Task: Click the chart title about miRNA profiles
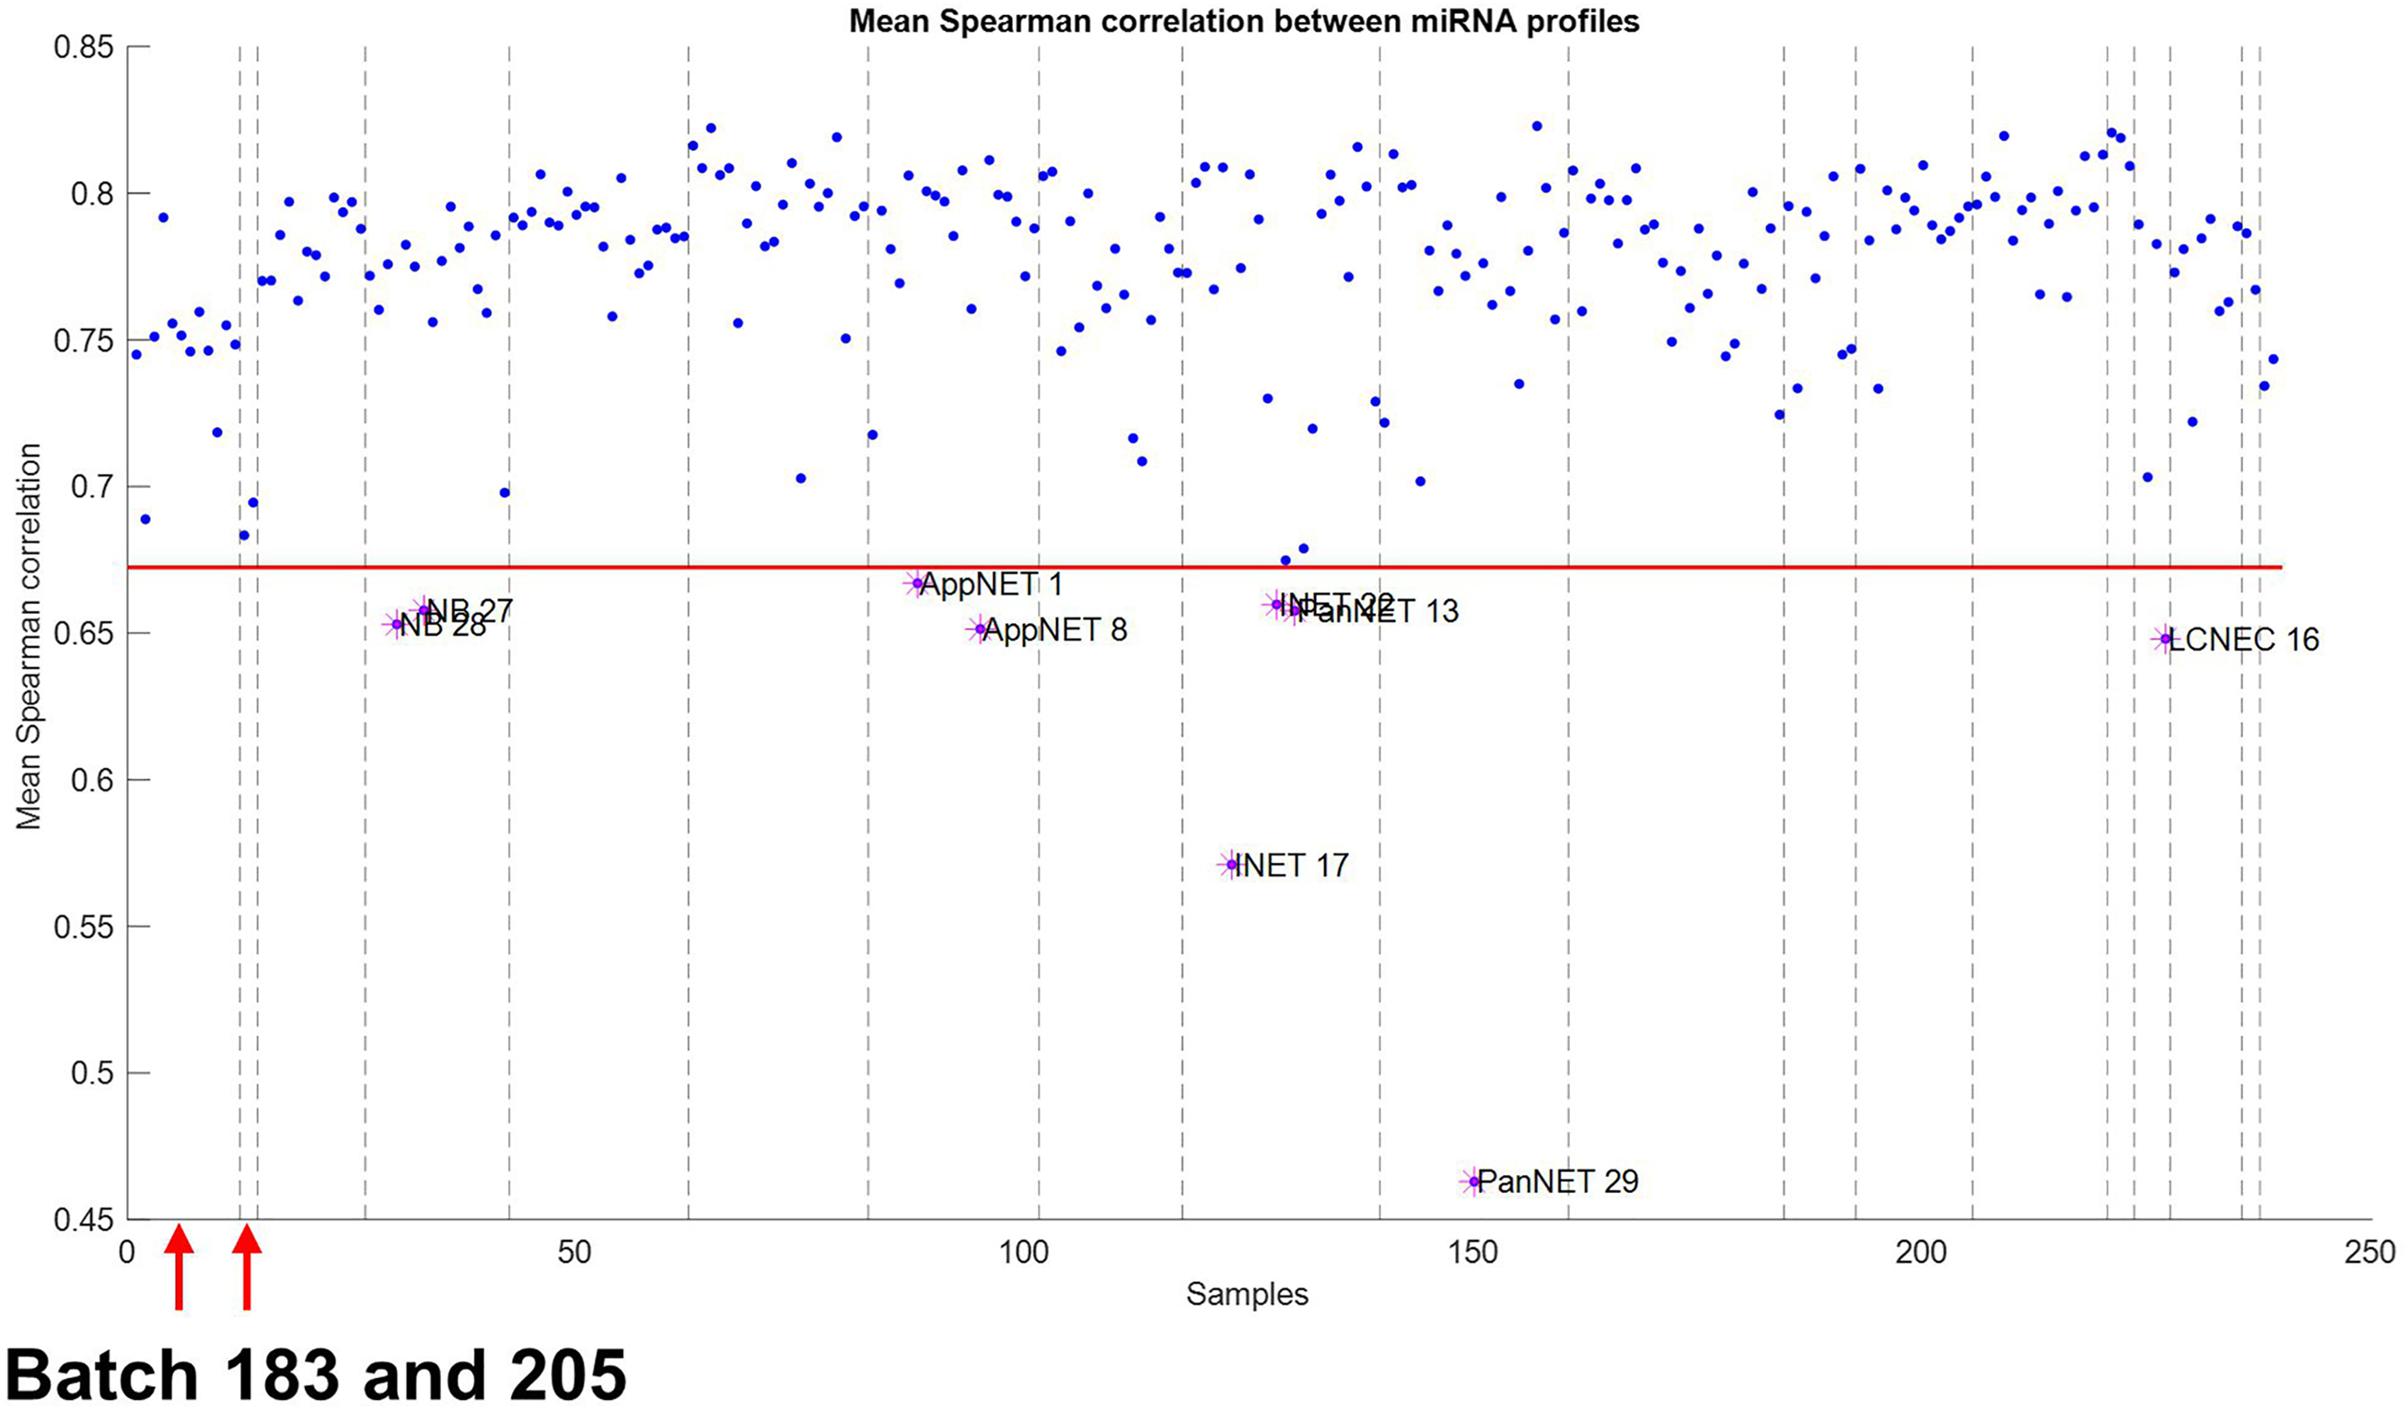click(x=1244, y=21)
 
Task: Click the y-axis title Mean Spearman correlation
click(x=29, y=636)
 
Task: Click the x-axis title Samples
click(x=1247, y=1294)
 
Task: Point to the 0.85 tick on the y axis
click(x=83, y=47)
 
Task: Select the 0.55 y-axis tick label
click(x=83, y=927)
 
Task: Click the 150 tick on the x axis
click(x=1472, y=1253)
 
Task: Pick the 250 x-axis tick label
click(x=2371, y=1253)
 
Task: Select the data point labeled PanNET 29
click(x=1473, y=1182)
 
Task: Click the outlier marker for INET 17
click(x=1231, y=864)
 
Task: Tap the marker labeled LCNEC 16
click(x=2166, y=639)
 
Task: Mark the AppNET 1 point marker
click(x=917, y=583)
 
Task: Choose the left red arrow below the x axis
click(x=179, y=1266)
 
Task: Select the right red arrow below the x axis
click(x=247, y=1266)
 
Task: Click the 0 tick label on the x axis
click(x=127, y=1253)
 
